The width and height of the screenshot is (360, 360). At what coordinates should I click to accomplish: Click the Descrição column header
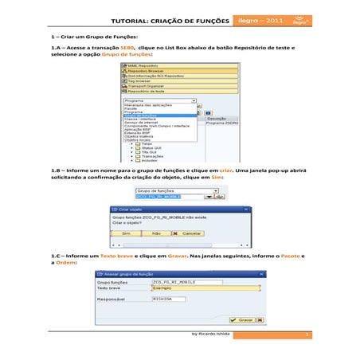pyautogui.click(x=217, y=118)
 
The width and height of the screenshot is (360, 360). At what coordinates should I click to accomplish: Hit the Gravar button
pyautogui.click(x=245, y=319)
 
